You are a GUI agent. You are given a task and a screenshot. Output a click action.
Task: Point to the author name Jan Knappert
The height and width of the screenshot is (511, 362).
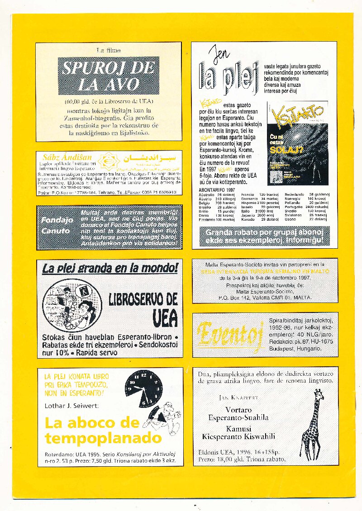(x=238, y=397)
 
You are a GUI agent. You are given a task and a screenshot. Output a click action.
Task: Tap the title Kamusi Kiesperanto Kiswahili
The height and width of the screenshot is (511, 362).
(x=238, y=433)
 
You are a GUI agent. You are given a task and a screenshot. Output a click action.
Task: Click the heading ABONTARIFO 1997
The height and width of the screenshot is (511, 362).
(x=217, y=189)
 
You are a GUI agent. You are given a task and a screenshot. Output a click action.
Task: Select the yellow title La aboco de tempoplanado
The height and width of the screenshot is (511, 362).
(x=103, y=430)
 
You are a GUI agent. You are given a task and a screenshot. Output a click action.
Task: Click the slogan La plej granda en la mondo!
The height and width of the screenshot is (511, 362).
(x=110, y=269)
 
